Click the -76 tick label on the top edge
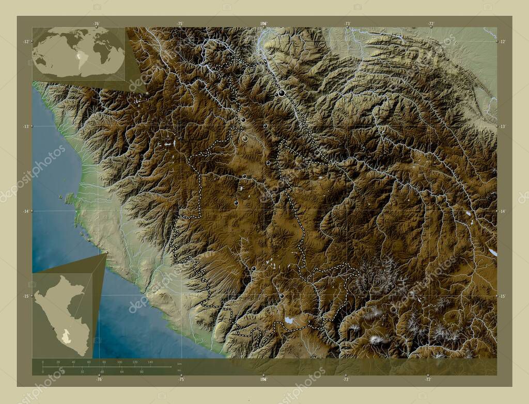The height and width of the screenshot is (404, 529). [96, 24]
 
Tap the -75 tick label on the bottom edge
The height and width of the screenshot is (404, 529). [181, 379]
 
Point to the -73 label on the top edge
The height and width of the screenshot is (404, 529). [347, 24]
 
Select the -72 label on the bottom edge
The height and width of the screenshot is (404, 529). [428, 379]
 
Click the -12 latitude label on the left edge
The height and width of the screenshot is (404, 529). [25, 42]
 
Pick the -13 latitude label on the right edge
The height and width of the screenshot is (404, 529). [503, 126]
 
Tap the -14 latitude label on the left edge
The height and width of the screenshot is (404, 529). [25, 211]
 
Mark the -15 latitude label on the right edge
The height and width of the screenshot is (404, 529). [503, 296]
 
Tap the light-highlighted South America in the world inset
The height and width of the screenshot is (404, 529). [82, 58]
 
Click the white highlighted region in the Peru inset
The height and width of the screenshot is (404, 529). [66, 336]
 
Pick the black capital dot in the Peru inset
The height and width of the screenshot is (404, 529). [53, 328]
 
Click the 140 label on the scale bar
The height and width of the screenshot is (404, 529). [150, 363]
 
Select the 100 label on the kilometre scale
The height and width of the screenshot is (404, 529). [119, 363]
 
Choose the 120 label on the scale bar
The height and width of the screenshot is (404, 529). [135, 363]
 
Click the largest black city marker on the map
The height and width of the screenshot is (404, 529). [282, 93]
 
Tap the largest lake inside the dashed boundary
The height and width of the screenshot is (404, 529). [289, 320]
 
